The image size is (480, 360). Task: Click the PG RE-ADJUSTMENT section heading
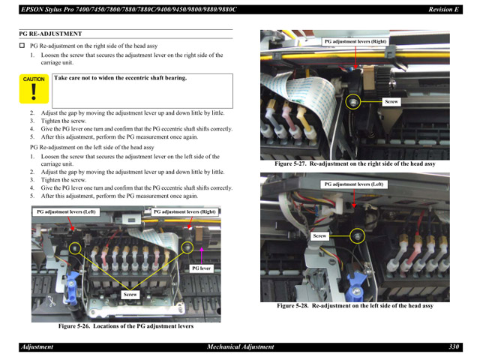click(x=49, y=34)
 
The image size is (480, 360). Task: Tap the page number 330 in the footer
click(x=454, y=347)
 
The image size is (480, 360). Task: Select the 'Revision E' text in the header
click(x=443, y=9)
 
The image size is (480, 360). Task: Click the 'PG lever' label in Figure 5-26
click(x=201, y=268)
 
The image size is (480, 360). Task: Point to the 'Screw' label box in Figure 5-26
click(x=130, y=295)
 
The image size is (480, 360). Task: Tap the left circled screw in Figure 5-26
click(x=74, y=247)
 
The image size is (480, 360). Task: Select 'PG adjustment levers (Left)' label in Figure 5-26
click(x=67, y=212)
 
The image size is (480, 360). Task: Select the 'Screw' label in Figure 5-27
click(x=391, y=100)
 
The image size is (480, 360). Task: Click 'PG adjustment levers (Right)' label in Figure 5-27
click(x=355, y=42)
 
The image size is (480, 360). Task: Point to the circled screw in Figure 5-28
click(x=358, y=236)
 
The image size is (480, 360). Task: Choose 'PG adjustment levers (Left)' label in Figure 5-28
click(x=353, y=184)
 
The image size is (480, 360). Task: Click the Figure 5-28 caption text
click(x=354, y=306)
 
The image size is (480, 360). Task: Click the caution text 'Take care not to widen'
click(x=120, y=78)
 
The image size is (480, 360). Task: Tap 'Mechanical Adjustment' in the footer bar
click(x=240, y=347)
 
